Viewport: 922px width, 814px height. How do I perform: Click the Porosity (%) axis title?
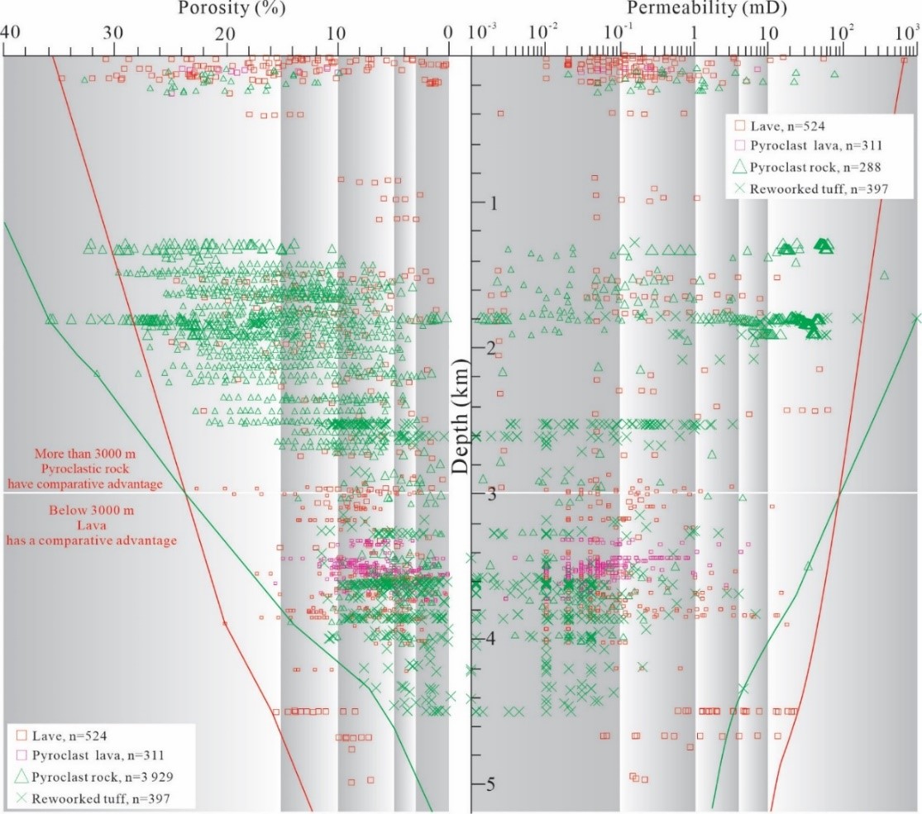click(x=224, y=9)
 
